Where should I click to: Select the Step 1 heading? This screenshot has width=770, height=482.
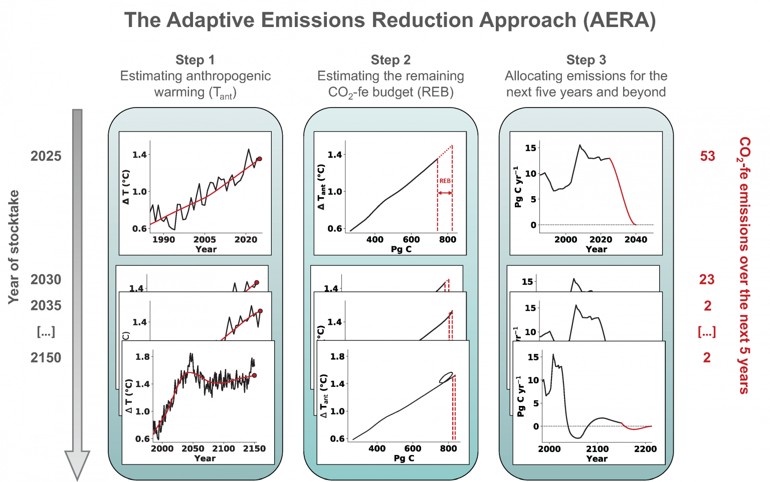tap(195, 60)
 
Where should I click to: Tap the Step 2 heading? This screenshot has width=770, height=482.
tap(391, 60)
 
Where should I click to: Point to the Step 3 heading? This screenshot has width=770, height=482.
tap(586, 60)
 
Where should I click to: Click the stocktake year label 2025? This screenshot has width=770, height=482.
tap(46, 156)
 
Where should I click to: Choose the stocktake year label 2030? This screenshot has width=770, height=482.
tap(46, 279)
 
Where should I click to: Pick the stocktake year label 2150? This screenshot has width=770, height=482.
tap(46, 358)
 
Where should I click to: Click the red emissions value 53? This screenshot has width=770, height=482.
tap(707, 156)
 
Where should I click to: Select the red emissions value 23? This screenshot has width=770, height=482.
tap(707, 279)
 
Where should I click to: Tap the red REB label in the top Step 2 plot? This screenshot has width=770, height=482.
tap(445, 181)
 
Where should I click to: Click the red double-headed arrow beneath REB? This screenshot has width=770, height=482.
tap(445, 193)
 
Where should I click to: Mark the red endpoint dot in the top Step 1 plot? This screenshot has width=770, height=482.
tap(259, 159)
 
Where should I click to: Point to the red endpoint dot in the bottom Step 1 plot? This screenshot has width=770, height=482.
tap(254, 375)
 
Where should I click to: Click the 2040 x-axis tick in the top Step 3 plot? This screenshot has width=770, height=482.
tap(636, 240)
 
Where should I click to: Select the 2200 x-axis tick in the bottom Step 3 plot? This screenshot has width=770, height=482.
tap(645, 449)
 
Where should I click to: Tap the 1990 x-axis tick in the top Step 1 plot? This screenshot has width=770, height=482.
tap(163, 240)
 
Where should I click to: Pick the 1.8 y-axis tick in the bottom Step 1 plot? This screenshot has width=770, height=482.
tap(143, 357)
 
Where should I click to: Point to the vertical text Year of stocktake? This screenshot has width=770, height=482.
tap(14, 247)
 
